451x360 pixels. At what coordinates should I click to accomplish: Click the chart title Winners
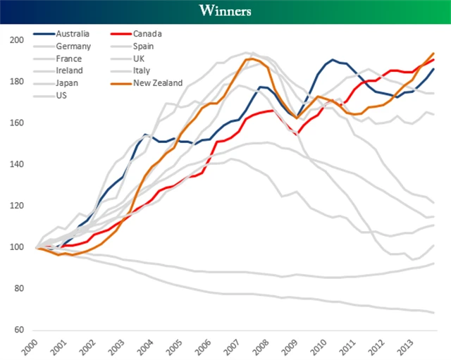[x=225, y=11]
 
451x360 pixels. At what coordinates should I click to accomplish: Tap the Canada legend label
[x=147, y=34]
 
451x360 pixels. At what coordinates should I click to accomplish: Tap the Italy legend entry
[x=141, y=70]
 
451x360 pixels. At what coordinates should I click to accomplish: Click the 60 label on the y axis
[x=18, y=330]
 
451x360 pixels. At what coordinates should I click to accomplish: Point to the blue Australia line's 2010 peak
[x=333, y=60]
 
